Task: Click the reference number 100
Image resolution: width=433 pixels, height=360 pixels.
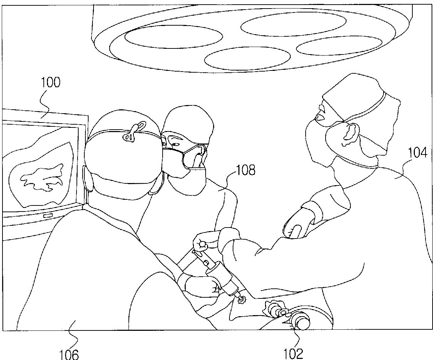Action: click(x=51, y=83)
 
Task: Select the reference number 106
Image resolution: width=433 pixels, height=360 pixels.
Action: click(x=69, y=354)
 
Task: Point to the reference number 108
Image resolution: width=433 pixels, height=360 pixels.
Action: click(x=245, y=170)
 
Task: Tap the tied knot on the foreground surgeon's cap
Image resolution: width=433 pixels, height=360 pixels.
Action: click(x=134, y=131)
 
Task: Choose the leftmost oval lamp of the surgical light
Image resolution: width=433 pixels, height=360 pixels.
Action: click(x=174, y=37)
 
